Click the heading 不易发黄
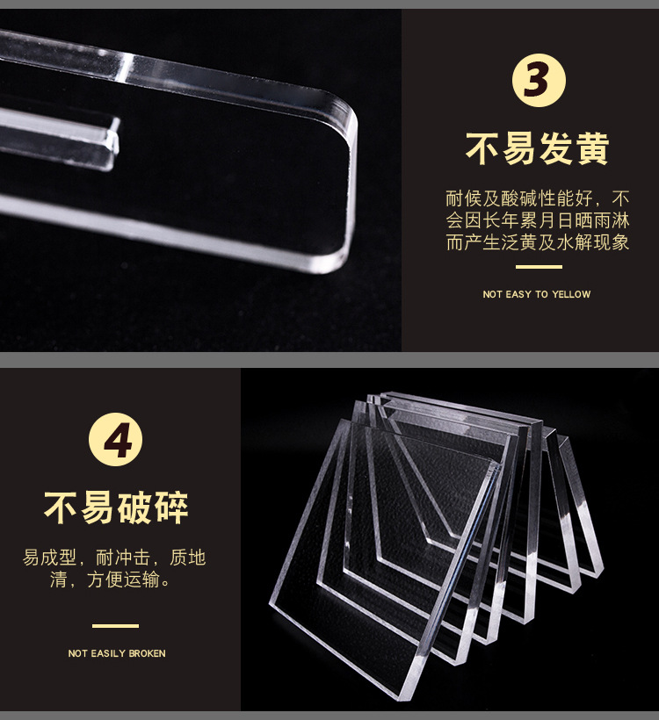coord(537,148)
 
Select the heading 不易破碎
coord(116,508)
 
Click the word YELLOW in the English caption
coord(571,294)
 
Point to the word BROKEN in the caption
coord(147,653)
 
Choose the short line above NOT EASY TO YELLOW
coord(539,267)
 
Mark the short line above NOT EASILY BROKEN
coord(115,626)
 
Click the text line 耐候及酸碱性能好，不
coord(538,198)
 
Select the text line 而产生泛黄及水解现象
coord(538,242)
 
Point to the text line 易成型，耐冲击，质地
coord(114,558)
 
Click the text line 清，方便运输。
coord(111,580)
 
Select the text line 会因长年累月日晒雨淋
coord(538,220)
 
